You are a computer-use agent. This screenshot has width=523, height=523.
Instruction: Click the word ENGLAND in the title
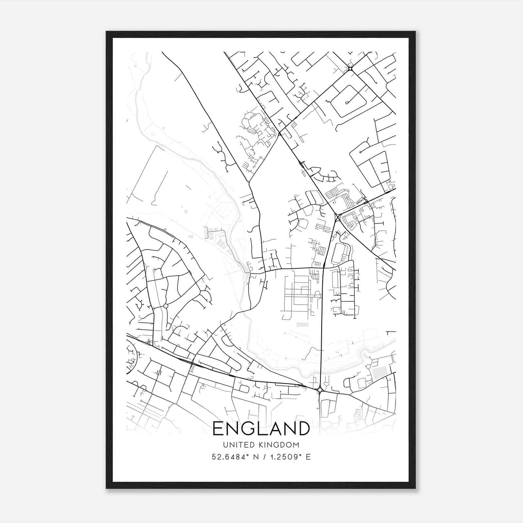261,429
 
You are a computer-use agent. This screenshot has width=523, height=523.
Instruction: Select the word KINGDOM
280,445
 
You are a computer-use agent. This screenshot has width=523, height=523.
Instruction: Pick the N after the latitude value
255,457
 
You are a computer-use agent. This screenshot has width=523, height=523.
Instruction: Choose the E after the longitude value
308,457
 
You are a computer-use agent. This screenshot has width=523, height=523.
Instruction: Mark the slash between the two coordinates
263,457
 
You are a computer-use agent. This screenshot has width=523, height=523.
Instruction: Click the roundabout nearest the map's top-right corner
350,69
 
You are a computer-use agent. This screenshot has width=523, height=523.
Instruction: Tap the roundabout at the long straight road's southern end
320,390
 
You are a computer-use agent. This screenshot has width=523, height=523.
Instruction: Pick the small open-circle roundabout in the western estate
166,306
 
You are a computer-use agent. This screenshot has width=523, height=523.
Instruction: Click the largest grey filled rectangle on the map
379,373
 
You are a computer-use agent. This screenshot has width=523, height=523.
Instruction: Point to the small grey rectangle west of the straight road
302,325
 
